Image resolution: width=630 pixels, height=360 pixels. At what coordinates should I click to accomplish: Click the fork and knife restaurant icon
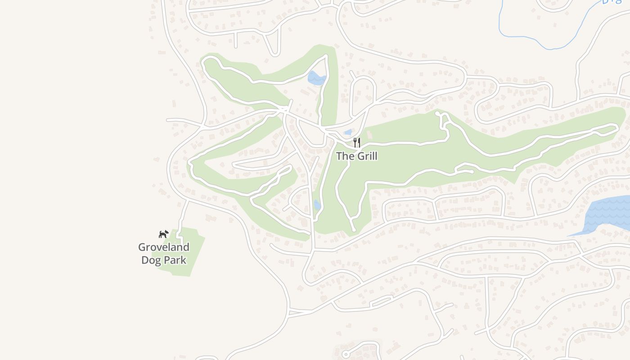(x=356, y=143)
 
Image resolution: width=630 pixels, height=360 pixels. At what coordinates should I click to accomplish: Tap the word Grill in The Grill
(x=365, y=156)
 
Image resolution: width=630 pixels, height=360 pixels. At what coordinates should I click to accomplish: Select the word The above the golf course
(x=345, y=156)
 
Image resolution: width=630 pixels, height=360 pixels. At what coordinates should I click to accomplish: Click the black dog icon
(x=163, y=234)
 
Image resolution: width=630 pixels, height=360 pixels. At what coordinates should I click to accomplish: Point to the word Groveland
(x=163, y=247)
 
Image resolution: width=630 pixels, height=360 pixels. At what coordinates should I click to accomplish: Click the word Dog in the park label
(x=151, y=260)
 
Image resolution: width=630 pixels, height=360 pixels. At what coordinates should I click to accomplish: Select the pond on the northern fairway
(x=316, y=79)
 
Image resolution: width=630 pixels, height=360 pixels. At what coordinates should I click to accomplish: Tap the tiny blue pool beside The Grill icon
(x=347, y=132)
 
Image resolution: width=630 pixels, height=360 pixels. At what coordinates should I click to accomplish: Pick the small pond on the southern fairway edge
(x=317, y=205)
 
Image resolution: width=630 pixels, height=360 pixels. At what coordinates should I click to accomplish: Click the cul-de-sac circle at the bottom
(x=346, y=354)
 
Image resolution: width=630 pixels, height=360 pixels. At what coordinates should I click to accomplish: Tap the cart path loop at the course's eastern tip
(x=607, y=129)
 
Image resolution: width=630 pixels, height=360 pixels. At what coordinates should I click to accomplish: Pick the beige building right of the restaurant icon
(x=370, y=134)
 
